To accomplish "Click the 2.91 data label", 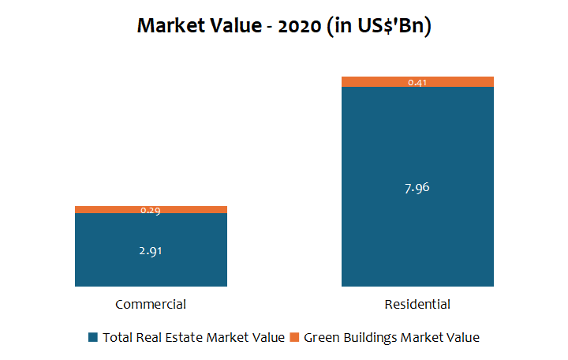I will [151, 251].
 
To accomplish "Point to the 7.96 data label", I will [417, 188].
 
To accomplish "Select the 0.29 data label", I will [151, 211].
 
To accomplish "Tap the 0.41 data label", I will [417, 82].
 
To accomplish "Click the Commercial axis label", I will [151, 304].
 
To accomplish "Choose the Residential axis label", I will [417, 304].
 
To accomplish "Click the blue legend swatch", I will [93, 337].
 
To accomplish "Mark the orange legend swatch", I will [295, 337].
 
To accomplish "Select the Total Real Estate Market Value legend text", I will [193, 337].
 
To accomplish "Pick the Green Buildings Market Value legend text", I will [391, 337].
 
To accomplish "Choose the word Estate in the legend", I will [183, 337].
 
